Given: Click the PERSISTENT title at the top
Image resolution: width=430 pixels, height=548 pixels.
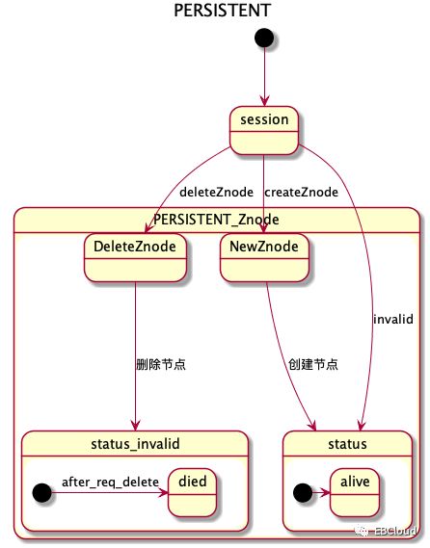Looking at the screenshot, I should [x=222, y=11].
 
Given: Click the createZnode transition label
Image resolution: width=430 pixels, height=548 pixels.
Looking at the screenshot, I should [x=301, y=192].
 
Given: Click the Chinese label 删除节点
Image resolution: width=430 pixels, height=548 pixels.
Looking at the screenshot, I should [x=160, y=365].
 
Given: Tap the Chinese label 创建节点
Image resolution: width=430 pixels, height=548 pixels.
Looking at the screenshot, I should [x=311, y=365].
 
